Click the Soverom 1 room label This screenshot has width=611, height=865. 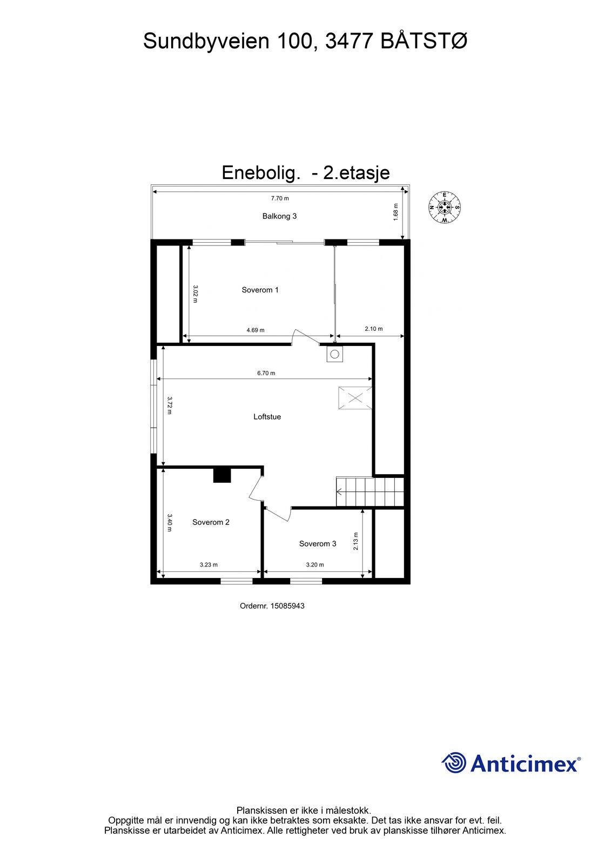click(x=260, y=290)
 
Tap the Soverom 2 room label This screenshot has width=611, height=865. click(x=211, y=522)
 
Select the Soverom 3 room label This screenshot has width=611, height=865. click(x=317, y=544)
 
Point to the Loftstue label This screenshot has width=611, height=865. click(x=267, y=417)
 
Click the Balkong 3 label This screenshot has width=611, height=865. click(x=279, y=216)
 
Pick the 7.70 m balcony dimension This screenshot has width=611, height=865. click(x=280, y=198)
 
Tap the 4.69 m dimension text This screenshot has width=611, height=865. click(x=256, y=330)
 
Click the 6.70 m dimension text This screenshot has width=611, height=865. click(x=266, y=374)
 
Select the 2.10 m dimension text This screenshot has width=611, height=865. click(x=374, y=329)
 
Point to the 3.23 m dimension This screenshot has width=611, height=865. click(x=209, y=564)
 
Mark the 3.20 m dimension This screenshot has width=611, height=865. click(x=315, y=564)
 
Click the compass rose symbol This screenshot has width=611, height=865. click(x=445, y=208)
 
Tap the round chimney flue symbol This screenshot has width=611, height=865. click(x=334, y=354)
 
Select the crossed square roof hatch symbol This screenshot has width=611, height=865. click(x=355, y=398)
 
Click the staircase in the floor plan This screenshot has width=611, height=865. click(x=370, y=491)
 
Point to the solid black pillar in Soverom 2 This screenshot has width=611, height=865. click(x=222, y=475)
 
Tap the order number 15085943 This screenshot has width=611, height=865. click(x=287, y=606)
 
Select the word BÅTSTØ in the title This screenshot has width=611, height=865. click(x=424, y=41)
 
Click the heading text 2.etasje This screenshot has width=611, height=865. click(x=356, y=173)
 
